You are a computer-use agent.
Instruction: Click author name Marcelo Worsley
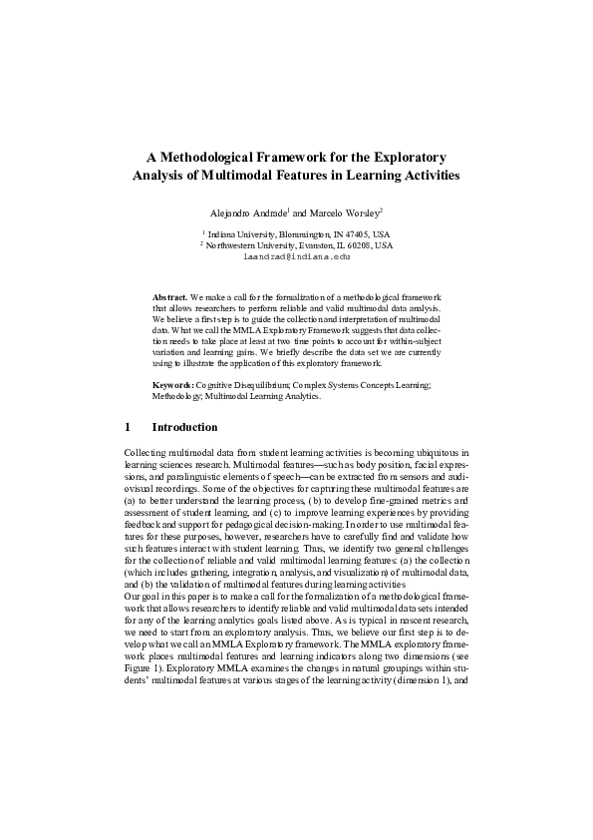point(345,213)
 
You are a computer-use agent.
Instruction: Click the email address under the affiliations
point(297,256)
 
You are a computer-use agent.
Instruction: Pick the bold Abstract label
point(169,297)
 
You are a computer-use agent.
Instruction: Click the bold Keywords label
point(172,384)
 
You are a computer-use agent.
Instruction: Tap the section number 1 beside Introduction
point(128,428)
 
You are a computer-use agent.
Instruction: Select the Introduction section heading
point(184,428)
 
